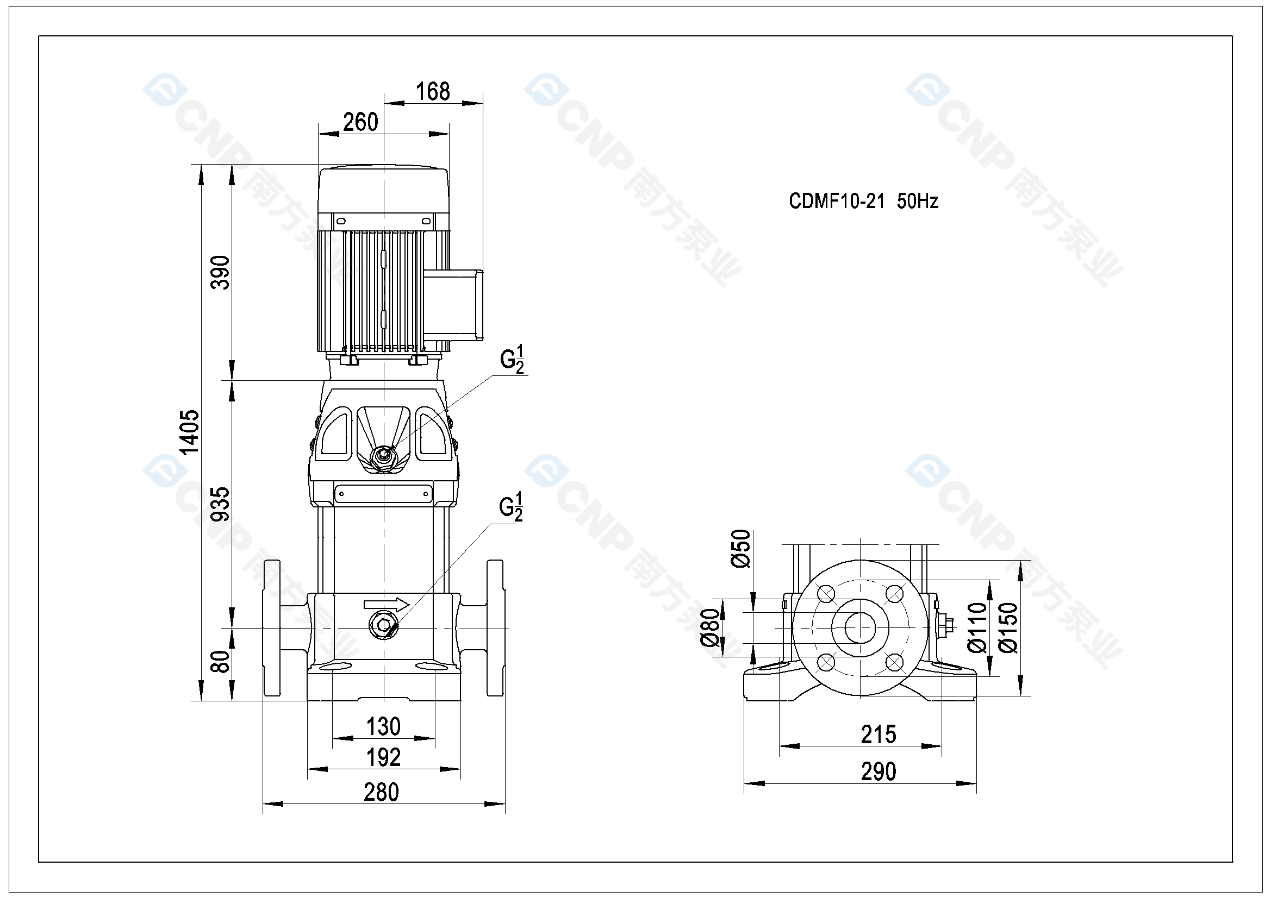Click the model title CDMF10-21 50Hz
(x=863, y=201)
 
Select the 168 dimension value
(x=432, y=92)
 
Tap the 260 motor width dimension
(x=360, y=122)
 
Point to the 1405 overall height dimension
(x=190, y=432)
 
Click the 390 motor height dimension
(x=220, y=272)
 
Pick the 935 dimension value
(x=220, y=504)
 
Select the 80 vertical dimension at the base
(x=220, y=661)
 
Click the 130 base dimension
(x=383, y=726)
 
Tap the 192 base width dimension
(x=383, y=757)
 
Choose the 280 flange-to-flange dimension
(x=381, y=792)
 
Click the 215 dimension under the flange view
(x=878, y=735)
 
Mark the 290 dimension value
(x=878, y=771)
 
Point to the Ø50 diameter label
(x=740, y=548)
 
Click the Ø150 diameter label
(x=1008, y=628)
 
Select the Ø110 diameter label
(x=977, y=628)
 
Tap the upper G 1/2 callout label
(x=512, y=360)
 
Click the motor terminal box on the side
(x=453, y=303)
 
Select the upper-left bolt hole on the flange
(x=825, y=594)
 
